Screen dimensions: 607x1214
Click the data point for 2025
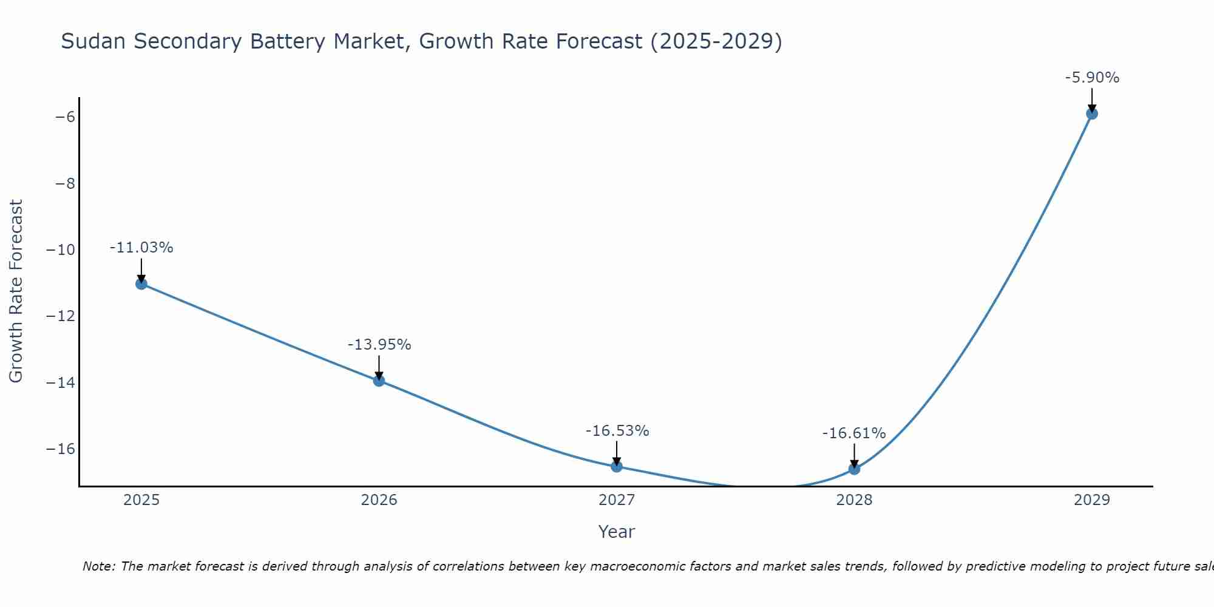pos(141,283)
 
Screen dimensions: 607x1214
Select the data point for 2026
pos(379,381)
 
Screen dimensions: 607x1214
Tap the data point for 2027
pos(617,466)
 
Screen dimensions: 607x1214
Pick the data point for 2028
pos(854,469)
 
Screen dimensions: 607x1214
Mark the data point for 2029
pos(1092,114)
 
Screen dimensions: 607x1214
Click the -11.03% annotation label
pos(141,248)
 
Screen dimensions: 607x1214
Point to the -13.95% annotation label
pos(379,345)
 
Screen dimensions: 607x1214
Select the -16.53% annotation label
pos(617,431)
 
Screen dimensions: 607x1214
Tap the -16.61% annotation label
pos(854,433)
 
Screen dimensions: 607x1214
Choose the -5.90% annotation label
pos(1092,78)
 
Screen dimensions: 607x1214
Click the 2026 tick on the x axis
pos(379,500)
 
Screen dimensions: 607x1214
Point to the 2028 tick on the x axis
pos(854,500)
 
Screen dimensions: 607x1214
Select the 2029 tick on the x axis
pos(1092,500)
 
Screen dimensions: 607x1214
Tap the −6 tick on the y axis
pos(65,117)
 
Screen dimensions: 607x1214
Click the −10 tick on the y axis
pos(61,249)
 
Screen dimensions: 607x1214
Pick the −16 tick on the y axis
pos(61,449)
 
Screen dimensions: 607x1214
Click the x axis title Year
pos(617,532)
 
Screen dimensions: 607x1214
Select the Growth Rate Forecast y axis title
pos(16,291)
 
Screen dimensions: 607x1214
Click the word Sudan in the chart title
pos(93,41)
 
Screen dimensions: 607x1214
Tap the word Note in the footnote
pos(98,566)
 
